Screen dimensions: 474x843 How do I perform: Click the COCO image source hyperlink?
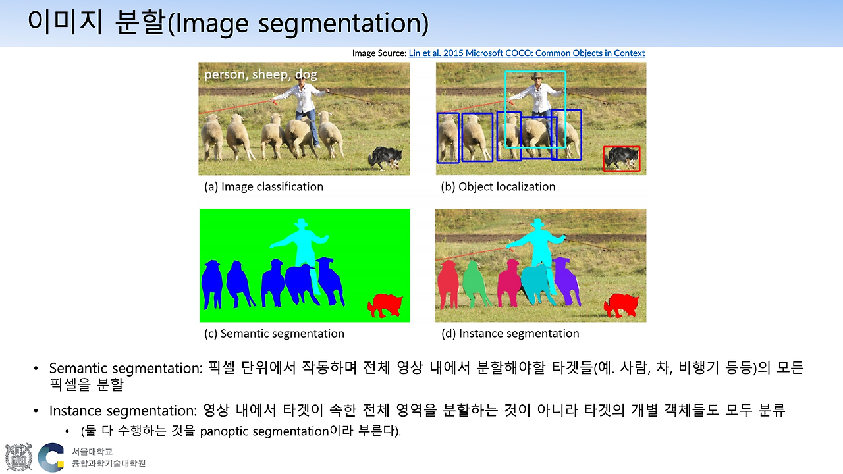[527, 53]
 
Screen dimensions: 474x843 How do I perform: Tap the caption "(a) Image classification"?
[263, 186]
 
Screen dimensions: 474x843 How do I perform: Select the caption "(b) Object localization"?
[498, 186]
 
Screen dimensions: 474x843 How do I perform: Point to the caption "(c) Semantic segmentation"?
[273, 333]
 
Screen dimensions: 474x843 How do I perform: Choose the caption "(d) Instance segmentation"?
[510, 333]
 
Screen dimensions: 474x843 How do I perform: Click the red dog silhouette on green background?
[385, 305]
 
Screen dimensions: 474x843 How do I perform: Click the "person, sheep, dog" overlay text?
[260, 74]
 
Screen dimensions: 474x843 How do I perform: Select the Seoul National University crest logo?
[18, 457]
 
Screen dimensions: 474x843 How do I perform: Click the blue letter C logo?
[51, 458]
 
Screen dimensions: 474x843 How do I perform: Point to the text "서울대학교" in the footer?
[93, 451]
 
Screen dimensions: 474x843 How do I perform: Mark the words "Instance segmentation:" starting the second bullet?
[122, 411]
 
